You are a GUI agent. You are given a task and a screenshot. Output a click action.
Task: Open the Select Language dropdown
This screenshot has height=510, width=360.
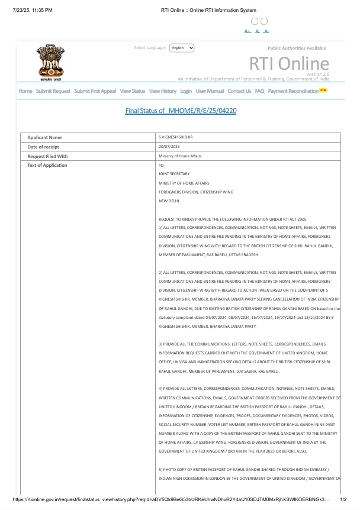182,48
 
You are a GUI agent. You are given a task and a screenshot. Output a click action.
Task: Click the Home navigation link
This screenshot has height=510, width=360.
25,91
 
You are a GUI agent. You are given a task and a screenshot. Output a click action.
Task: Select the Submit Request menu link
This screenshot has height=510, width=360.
53,91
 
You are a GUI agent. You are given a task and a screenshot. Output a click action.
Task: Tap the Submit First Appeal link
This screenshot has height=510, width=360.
95,91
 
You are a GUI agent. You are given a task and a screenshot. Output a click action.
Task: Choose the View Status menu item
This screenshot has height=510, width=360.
132,91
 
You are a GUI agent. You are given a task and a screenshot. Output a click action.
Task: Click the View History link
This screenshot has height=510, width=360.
163,91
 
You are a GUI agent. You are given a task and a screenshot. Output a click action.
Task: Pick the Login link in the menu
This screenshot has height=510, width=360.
186,91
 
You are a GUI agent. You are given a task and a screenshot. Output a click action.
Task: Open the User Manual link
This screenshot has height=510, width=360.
210,91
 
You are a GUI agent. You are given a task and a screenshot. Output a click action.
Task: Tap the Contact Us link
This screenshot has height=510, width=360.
239,91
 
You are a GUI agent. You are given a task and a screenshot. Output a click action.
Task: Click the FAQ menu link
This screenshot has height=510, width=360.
259,91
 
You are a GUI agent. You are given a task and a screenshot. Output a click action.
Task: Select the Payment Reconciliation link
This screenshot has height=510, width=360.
293,91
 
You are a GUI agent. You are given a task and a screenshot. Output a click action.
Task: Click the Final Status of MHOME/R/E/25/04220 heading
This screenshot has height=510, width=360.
181,111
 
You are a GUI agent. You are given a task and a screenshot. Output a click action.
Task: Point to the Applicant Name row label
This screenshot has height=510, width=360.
44,137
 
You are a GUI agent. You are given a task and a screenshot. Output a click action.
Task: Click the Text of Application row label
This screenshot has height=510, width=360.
47,165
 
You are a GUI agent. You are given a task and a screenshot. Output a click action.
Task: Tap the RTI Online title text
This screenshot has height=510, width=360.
288,64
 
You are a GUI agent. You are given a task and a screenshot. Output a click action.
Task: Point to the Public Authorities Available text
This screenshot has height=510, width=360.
297,48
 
